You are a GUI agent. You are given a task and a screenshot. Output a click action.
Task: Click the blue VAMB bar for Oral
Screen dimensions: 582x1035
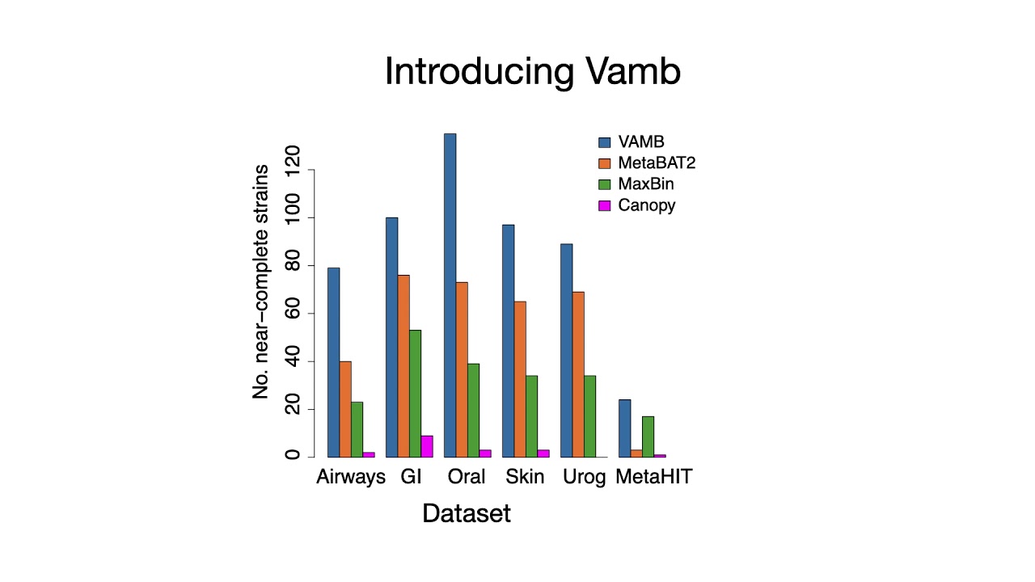point(450,295)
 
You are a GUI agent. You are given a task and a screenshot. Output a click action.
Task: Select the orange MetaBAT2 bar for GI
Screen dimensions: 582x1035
point(403,365)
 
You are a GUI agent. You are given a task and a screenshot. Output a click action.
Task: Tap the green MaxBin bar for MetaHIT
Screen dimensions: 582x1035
point(648,436)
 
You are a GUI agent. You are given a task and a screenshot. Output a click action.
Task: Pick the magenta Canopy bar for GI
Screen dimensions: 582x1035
point(427,446)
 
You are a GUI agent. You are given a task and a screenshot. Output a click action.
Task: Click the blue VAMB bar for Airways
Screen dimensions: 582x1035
point(333,362)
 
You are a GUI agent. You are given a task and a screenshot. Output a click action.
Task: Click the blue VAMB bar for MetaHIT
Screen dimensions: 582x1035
point(624,428)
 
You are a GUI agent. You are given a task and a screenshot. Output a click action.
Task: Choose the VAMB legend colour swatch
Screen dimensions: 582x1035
point(604,142)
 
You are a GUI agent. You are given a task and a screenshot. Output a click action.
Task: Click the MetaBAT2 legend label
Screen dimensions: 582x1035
point(657,163)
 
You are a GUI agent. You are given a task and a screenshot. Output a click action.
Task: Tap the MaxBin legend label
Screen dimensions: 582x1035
point(646,184)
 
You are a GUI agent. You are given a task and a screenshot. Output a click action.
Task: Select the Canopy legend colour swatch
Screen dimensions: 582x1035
point(604,205)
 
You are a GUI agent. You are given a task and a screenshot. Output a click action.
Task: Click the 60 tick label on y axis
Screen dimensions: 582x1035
point(292,313)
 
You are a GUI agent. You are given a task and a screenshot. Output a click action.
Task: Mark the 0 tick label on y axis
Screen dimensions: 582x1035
point(292,456)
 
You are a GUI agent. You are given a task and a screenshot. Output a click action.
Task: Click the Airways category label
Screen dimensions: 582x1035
point(351,477)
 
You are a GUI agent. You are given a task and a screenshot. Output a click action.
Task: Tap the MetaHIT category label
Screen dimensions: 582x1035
point(653,477)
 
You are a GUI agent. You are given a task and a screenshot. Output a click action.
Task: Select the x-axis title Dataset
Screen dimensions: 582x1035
point(467,513)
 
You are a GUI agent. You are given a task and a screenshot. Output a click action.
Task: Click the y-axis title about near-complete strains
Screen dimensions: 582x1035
point(260,281)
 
